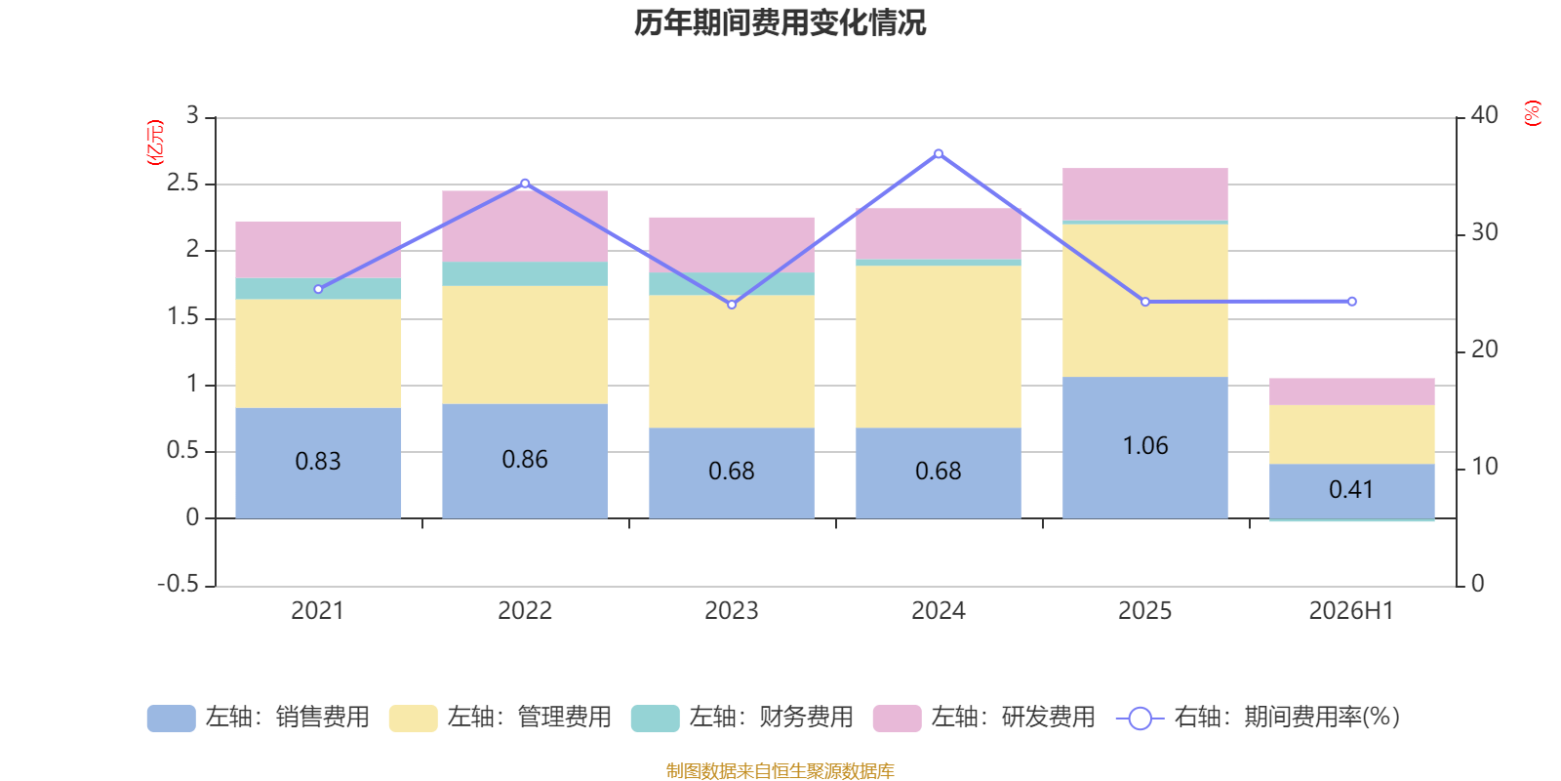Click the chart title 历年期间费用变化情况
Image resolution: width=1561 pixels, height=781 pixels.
tap(780, 23)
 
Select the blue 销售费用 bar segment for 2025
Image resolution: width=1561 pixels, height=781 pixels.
tap(1145, 448)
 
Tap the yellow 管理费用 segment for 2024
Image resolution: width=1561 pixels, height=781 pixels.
tap(938, 347)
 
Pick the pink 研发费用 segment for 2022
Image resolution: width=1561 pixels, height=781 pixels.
tap(525, 226)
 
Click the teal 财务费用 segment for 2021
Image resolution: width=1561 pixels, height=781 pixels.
tap(318, 289)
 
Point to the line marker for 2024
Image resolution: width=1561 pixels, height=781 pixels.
tap(939, 154)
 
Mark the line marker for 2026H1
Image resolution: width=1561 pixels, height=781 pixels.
tap(1352, 302)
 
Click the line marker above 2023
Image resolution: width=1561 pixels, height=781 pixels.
tap(732, 305)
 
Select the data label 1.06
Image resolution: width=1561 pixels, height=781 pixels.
tap(1145, 445)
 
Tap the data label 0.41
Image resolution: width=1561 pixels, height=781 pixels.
tap(1350, 489)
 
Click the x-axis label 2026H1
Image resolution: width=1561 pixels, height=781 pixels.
tap(1351, 611)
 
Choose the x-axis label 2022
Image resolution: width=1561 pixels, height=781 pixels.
tap(525, 611)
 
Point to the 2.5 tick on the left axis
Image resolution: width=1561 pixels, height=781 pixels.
tap(182, 184)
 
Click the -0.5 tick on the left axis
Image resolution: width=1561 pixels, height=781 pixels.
tap(179, 584)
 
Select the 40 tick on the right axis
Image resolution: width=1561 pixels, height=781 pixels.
tap(1484, 115)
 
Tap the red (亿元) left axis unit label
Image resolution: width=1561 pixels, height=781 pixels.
tap(155, 143)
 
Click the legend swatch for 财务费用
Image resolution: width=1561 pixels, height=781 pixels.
tap(655, 719)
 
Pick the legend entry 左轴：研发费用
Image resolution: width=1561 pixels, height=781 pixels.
tap(1014, 718)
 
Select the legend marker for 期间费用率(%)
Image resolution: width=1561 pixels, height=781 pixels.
tap(1141, 719)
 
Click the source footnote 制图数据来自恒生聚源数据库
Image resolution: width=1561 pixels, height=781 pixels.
tap(780, 770)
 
